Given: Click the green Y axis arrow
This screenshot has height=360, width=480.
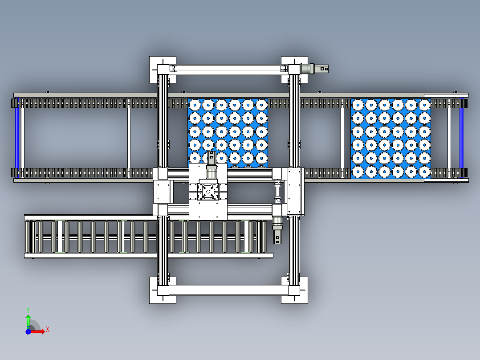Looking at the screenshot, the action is pos(28,322).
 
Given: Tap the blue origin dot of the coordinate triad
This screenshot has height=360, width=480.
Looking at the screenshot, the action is pos(28,331).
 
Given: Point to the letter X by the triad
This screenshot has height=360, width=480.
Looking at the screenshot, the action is pos(48,330).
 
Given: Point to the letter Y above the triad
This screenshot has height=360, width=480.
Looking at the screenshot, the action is pos(28,310).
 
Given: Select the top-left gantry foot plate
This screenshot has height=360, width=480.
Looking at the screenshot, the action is pos(163,70).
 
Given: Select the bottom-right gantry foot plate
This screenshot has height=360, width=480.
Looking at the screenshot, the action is pos(294,290).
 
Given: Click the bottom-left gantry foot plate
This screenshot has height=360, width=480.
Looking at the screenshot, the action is pos(163,290).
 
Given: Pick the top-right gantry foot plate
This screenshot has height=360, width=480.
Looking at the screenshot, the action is pos(294,70).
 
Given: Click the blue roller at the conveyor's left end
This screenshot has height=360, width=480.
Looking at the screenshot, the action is pos(17,138).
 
